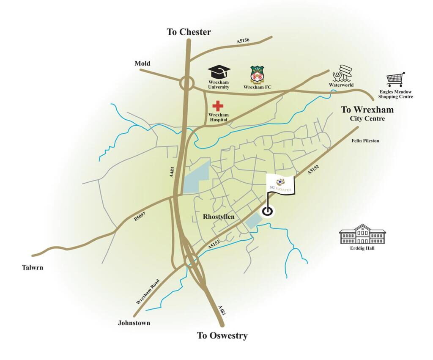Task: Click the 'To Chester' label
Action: [189, 32]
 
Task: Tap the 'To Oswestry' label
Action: [222, 335]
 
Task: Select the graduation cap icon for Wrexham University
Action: [218, 72]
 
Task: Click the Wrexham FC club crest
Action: [257, 74]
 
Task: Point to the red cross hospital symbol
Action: [218, 106]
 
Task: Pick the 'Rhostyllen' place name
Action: [219, 217]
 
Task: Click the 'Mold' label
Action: [143, 63]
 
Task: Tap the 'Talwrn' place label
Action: [33, 267]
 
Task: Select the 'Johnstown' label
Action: [134, 323]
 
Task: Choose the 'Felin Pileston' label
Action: [365, 140]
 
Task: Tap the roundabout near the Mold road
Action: [186, 83]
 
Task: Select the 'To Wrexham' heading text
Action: [367, 110]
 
